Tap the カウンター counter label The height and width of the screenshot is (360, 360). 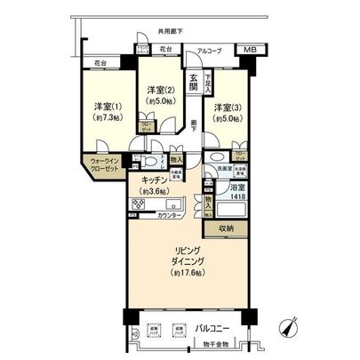tap(169, 217)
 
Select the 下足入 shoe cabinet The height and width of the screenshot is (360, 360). tap(208, 84)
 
